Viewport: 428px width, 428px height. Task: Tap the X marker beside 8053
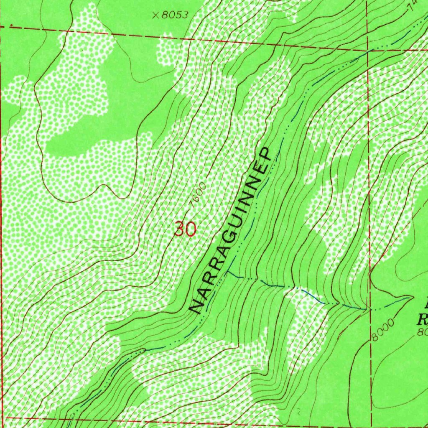(155, 15)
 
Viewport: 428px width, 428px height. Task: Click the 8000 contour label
(382, 330)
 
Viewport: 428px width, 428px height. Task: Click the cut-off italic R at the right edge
(423, 320)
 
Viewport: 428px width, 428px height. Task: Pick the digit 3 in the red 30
(180, 229)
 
